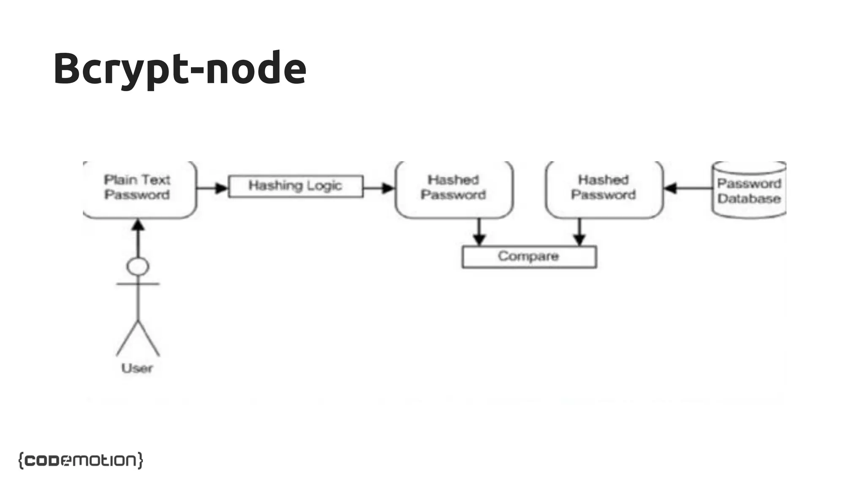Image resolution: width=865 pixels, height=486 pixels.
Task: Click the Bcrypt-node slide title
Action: (x=180, y=68)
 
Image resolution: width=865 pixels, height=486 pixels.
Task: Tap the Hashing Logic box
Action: (x=296, y=186)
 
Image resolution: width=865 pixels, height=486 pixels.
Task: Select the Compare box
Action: (x=529, y=256)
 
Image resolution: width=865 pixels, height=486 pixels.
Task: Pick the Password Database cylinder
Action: (x=749, y=191)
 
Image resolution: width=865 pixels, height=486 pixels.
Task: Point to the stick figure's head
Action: (x=138, y=267)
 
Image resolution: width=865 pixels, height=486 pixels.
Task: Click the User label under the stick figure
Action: (x=137, y=368)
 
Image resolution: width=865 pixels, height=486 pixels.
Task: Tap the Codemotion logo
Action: (x=81, y=460)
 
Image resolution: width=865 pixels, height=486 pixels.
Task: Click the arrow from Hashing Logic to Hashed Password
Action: (x=378, y=188)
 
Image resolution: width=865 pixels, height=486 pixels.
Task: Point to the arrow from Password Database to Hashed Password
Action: (x=688, y=188)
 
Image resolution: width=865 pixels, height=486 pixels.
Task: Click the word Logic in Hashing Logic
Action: (x=324, y=186)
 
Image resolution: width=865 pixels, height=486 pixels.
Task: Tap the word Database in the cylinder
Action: (x=749, y=199)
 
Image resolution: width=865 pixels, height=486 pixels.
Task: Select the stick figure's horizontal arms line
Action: (x=138, y=284)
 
